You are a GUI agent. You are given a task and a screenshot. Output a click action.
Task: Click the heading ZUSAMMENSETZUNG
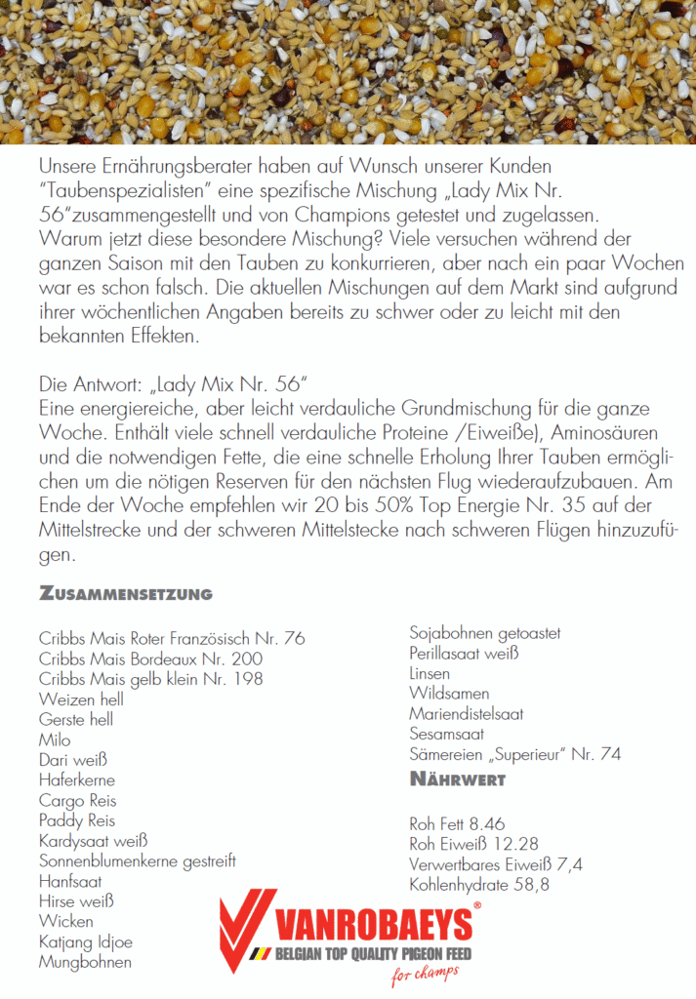pyautogui.click(x=126, y=593)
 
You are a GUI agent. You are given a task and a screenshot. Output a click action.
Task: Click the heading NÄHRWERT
pyautogui.click(x=457, y=779)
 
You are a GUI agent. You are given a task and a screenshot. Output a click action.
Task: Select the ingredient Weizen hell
pyautogui.click(x=81, y=699)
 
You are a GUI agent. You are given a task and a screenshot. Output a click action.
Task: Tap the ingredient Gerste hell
pyautogui.click(x=76, y=720)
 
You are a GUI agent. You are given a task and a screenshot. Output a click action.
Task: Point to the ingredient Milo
pyautogui.click(x=55, y=740)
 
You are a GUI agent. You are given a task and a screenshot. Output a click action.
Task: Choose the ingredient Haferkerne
pyautogui.click(x=77, y=780)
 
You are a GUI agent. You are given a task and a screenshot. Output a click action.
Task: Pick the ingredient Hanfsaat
pyautogui.click(x=71, y=881)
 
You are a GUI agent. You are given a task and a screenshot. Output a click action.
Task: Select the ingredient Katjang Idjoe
pyautogui.click(x=86, y=941)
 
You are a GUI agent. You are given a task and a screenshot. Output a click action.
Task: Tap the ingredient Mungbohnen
pyautogui.click(x=85, y=962)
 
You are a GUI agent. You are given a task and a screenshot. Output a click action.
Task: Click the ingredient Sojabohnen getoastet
pyautogui.click(x=484, y=634)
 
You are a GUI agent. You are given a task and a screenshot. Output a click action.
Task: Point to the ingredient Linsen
pyautogui.click(x=430, y=674)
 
